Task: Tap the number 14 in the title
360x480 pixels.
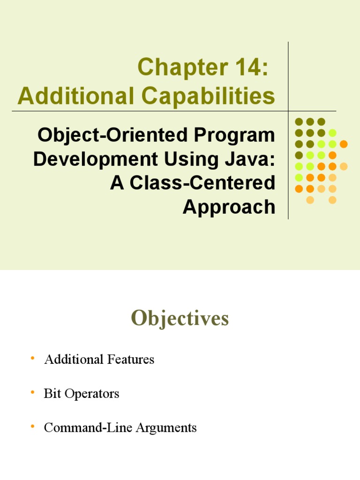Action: point(249,67)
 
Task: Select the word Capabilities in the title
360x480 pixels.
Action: point(209,96)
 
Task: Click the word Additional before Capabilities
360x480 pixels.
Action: point(75,96)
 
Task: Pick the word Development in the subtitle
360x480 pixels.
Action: point(95,159)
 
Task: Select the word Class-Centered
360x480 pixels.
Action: point(202,183)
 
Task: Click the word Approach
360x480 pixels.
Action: point(229,207)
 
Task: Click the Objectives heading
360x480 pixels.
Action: point(180,318)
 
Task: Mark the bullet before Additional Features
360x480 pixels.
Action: point(32,358)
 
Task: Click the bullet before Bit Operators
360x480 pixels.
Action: point(32,392)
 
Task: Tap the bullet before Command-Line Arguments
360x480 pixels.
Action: point(32,426)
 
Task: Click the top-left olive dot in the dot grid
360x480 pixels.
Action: point(299,122)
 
